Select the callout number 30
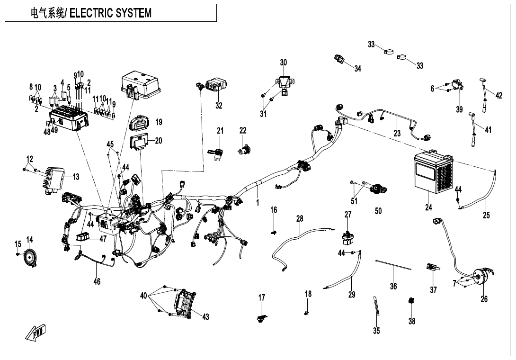coord(284,63)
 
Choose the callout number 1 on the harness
coord(258,202)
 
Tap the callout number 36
coord(393,286)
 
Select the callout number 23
coord(397,134)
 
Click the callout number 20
coord(159,141)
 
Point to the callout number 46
coord(97,282)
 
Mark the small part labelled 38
coord(411,301)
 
